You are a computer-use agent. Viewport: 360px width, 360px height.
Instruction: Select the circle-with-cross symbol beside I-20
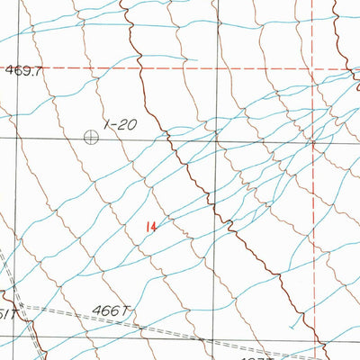pos(91,138)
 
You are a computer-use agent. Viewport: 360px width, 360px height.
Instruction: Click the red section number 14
pos(150,228)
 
